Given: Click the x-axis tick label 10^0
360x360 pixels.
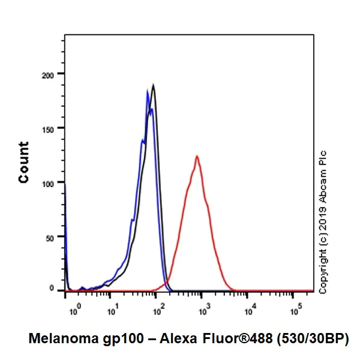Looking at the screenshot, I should click(74, 311).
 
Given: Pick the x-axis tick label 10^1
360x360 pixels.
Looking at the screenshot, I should click(111, 311).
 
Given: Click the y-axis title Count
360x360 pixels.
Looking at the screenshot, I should click(24, 162).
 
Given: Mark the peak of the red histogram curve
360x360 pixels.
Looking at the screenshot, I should click(196, 156).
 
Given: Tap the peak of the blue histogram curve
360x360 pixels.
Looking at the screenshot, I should click(148, 91).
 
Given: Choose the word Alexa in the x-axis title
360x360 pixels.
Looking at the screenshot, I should click(158, 339).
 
